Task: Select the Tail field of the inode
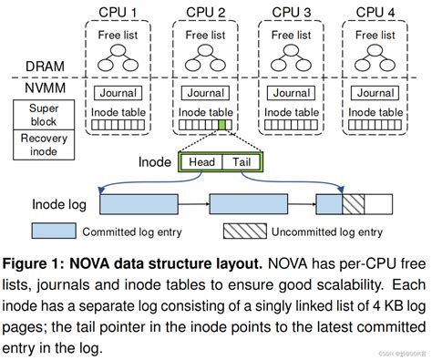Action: tap(242, 163)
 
